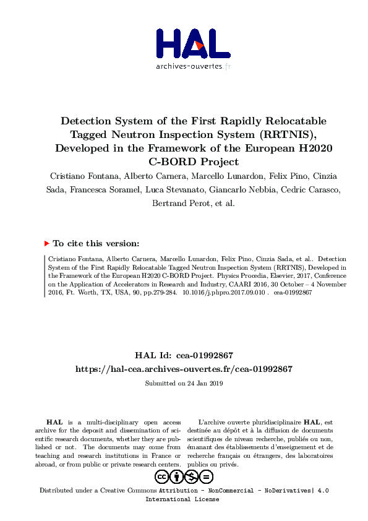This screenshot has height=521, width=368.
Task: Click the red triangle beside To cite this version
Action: pyautogui.click(x=47, y=244)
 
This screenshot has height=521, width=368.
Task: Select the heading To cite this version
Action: pyautogui.click(x=96, y=244)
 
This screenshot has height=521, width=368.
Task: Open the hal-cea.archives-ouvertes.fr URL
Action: pyautogui.click(x=184, y=369)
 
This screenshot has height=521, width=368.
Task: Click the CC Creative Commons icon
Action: pyautogui.click(x=161, y=476)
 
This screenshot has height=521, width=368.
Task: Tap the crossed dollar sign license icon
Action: pyautogui.click(x=191, y=476)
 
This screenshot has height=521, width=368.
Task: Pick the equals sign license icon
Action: pyautogui.click(x=206, y=476)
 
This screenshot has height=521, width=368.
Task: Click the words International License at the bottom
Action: pyautogui.click(x=182, y=499)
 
